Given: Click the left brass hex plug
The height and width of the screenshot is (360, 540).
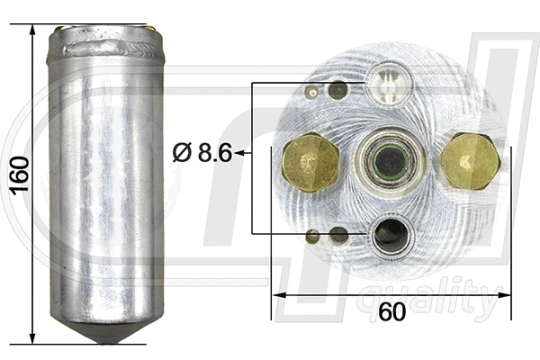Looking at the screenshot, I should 310,161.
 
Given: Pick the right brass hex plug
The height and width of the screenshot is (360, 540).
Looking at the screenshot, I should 470,161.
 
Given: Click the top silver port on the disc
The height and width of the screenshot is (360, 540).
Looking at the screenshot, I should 389,85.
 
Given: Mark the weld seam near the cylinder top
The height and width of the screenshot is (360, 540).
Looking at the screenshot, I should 106,46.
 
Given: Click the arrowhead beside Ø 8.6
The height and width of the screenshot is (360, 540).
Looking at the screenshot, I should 245,154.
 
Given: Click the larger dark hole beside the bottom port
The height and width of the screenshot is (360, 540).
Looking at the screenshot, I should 338,236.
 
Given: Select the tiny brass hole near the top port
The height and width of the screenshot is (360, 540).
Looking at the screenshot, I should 312,91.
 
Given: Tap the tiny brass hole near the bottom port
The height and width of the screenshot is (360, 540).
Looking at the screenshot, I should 312,236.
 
